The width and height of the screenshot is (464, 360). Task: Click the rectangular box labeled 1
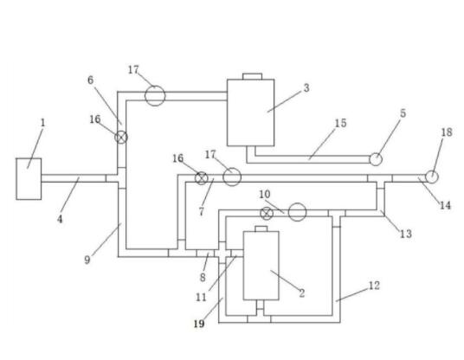pyautogui.click(x=29, y=179)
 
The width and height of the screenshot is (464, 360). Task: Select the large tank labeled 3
pyautogui.click(x=251, y=112)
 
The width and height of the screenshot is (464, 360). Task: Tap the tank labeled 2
pyautogui.click(x=261, y=266)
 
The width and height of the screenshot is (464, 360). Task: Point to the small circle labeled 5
pyautogui.click(x=376, y=159)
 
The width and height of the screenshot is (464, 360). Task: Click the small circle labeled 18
pyautogui.click(x=432, y=177)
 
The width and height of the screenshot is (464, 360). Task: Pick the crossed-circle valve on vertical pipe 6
pyautogui.click(x=121, y=137)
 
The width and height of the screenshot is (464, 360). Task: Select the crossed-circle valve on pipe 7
pyautogui.click(x=202, y=178)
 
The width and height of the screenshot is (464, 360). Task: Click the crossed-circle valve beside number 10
pyautogui.click(x=267, y=214)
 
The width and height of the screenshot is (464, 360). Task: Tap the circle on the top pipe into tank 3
pyautogui.click(x=155, y=95)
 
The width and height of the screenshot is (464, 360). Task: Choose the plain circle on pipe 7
pyautogui.click(x=232, y=177)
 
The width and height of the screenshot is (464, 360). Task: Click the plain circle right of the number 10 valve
pyautogui.click(x=297, y=212)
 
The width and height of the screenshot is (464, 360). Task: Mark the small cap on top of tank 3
pyautogui.click(x=253, y=76)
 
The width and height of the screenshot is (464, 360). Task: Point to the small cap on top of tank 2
pyautogui.click(x=261, y=228)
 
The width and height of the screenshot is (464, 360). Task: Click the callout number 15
pyautogui.click(x=340, y=123)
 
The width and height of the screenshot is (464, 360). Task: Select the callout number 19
pyautogui.click(x=199, y=324)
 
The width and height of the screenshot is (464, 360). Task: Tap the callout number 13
pyautogui.click(x=406, y=234)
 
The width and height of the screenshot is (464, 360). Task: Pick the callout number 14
pyautogui.click(x=445, y=205)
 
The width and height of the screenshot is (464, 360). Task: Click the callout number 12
pyautogui.click(x=374, y=286)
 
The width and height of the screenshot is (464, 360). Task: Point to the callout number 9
pyautogui.click(x=87, y=260)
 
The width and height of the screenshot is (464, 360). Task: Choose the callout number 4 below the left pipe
pyautogui.click(x=60, y=219)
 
